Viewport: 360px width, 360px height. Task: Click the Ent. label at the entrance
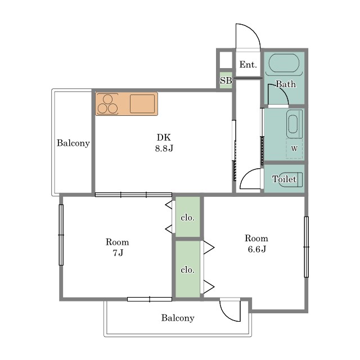(x=248, y=65)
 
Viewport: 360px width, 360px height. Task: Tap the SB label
(x=226, y=80)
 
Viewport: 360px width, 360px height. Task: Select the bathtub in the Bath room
(x=283, y=63)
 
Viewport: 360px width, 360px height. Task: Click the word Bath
(x=286, y=84)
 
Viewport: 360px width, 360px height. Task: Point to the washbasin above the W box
(x=294, y=124)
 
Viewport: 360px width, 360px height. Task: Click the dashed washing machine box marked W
(x=294, y=148)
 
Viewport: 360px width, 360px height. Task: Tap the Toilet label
(x=284, y=179)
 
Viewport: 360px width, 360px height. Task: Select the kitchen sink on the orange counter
(x=142, y=103)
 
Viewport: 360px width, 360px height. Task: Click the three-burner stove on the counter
(x=107, y=104)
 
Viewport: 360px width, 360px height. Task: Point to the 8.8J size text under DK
(x=164, y=148)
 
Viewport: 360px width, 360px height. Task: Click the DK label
(x=164, y=137)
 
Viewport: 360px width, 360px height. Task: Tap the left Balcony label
(x=73, y=143)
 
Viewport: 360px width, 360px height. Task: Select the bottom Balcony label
(x=178, y=318)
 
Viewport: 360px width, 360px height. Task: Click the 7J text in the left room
(x=118, y=253)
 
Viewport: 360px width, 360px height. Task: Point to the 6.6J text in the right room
(x=256, y=249)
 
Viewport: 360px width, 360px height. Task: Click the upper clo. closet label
(x=187, y=218)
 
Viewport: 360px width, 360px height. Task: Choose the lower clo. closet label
(x=187, y=270)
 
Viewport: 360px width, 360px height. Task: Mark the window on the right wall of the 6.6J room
(x=306, y=247)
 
